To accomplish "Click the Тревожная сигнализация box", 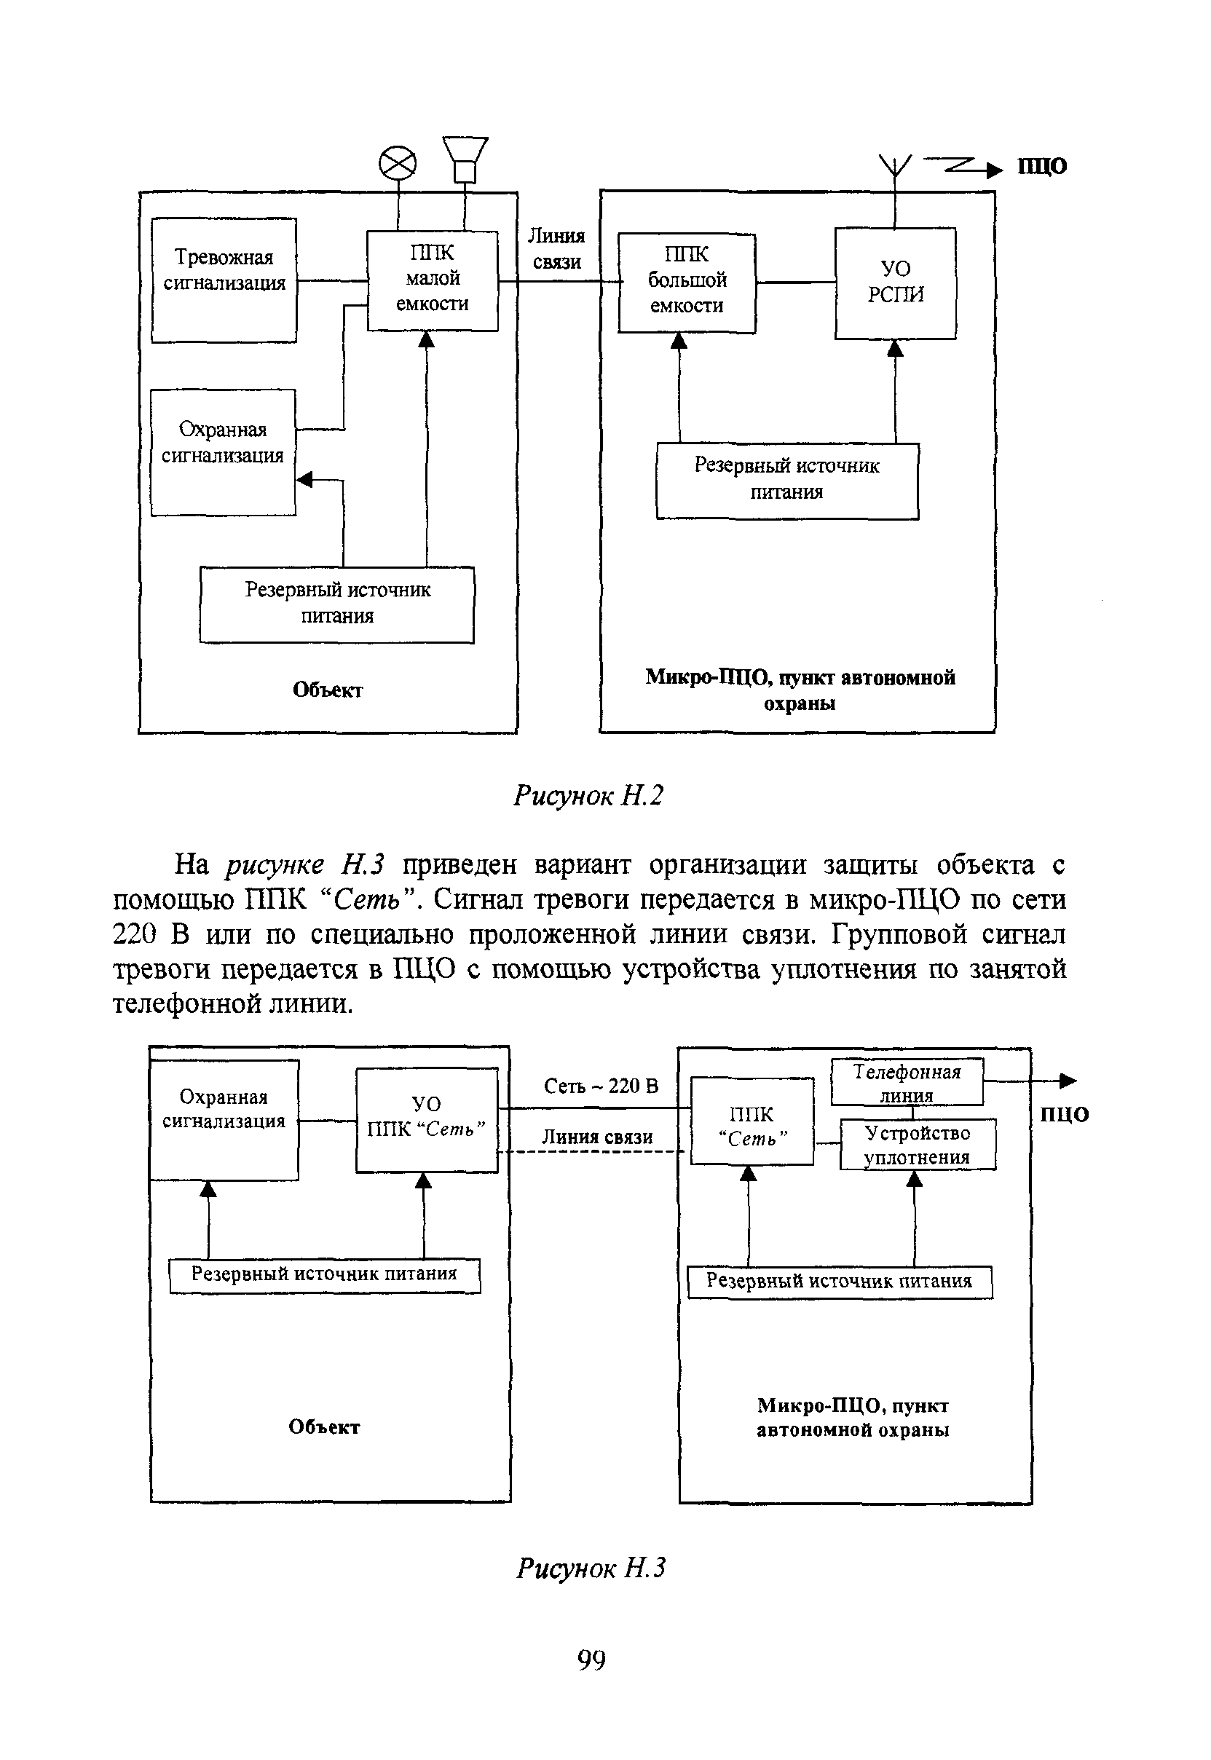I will (x=224, y=280).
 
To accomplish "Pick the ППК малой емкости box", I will (x=433, y=280).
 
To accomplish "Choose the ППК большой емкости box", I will (x=687, y=283).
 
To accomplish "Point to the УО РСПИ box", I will (x=896, y=283).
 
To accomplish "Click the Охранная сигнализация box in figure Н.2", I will (x=223, y=452).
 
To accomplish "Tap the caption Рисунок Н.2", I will (x=588, y=795).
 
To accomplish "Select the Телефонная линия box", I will (x=907, y=1082).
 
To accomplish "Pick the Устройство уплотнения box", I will (x=918, y=1144).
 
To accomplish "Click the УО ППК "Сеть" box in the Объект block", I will (x=427, y=1119).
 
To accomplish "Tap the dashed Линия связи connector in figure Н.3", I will (x=592, y=1151).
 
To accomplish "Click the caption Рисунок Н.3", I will (x=591, y=1567).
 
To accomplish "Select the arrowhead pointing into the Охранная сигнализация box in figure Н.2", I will (x=304, y=479).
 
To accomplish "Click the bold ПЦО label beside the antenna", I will (x=1042, y=166).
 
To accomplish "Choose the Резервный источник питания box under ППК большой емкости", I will (x=787, y=480).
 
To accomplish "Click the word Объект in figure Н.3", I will (x=324, y=1427).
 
